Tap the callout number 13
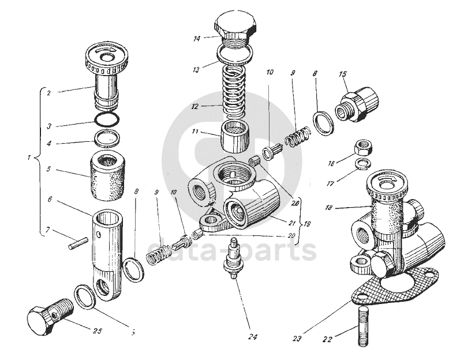coord(197,69)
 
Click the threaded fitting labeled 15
coord(357,103)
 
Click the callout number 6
coord(51,199)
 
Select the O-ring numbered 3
coord(107,119)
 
